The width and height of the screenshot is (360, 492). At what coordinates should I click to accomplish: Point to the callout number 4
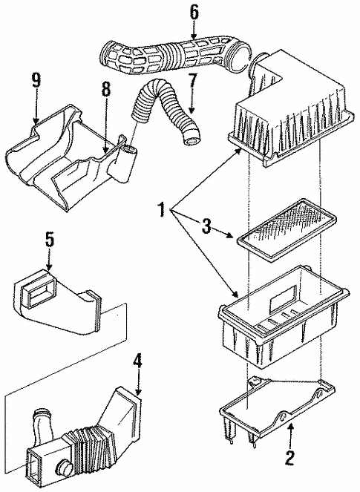pos(137,364)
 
